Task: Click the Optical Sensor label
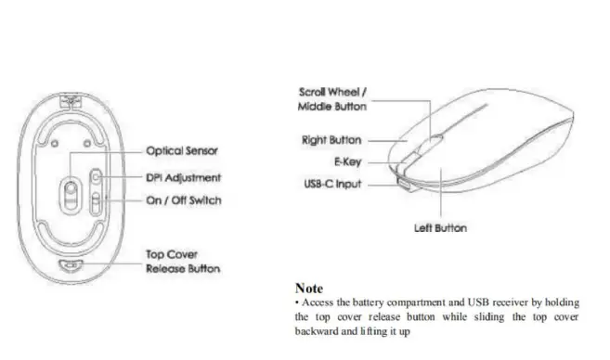(x=182, y=150)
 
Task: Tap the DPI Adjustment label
(x=184, y=176)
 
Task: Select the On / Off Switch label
(x=184, y=200)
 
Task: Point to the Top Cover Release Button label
(x=183, y=261)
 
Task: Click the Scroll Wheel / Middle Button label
(x=332, y=99)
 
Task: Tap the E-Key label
(x=347, y=161)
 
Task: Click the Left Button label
(x=439, y=228)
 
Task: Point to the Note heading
(x=309, y=289)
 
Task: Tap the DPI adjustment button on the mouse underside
(x=97, y=176)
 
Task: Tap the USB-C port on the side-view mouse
(x=406, y=183)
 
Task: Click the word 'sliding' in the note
(x=496, y=316)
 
